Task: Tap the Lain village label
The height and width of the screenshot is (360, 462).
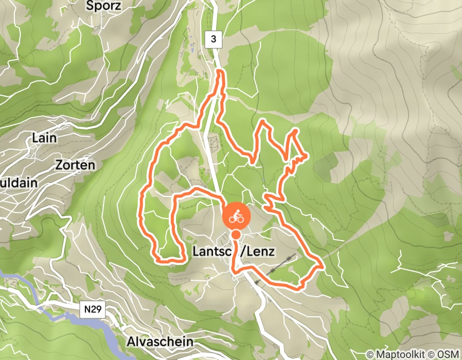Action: [44, 138]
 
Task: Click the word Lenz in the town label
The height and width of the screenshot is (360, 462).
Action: [260, 251]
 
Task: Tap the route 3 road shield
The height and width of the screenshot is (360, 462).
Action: [213, 39]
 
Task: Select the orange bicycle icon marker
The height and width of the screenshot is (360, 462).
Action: [236, 216]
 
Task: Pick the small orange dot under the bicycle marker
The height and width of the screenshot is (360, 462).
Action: [236, 235]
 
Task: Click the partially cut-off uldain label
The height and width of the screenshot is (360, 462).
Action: [11, 183]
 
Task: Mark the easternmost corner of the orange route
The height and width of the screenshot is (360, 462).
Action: [322, 266]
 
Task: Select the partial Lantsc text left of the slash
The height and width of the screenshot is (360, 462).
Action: [211, 251]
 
